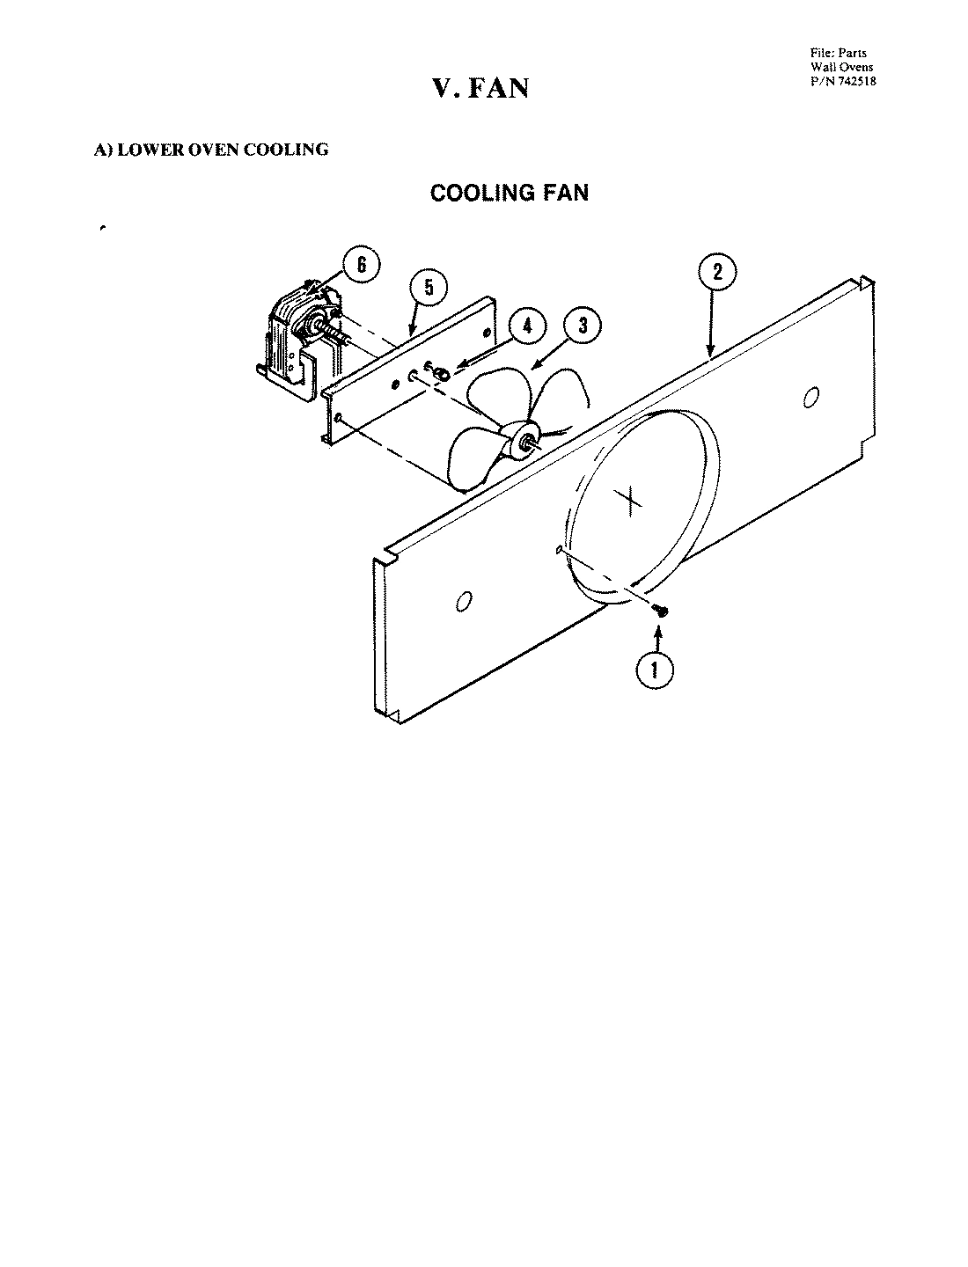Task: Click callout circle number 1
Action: [654, 670]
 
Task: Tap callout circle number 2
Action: [717, 272]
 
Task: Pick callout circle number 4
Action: [527, 326]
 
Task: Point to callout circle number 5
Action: [429, 288]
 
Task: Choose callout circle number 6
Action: [362, 265]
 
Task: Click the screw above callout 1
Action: [661, 611]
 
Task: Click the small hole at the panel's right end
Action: [810, 397]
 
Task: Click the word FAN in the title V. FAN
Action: [497, 88]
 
